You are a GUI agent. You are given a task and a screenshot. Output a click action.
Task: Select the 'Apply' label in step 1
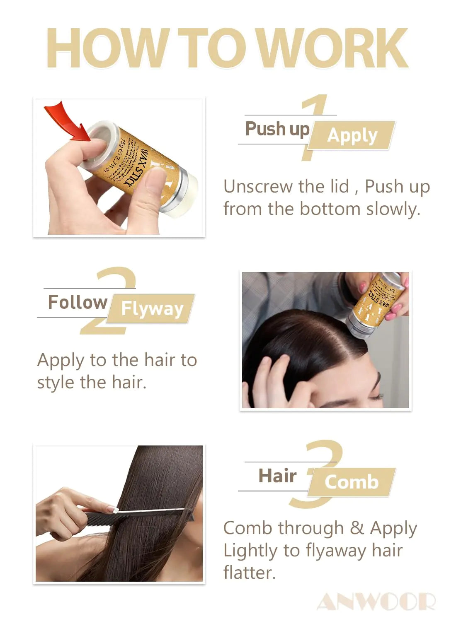(352, 135)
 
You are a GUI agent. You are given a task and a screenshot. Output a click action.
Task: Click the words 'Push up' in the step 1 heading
(277, 129)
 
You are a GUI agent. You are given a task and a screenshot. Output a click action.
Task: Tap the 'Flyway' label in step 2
(152, 309)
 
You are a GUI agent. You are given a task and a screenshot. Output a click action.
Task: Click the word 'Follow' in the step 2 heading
(78, 302)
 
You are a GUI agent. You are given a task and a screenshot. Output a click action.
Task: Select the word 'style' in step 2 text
(56, 382)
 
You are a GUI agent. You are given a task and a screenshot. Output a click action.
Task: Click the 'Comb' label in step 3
(352, 482)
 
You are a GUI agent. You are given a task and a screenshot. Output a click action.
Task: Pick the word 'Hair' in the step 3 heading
(277, 476)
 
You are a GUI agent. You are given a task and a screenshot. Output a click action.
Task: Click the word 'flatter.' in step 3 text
(249, 573)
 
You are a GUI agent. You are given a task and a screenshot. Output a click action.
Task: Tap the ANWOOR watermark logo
(376, 602)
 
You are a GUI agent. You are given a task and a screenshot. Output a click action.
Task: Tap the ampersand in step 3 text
(357, 528)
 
